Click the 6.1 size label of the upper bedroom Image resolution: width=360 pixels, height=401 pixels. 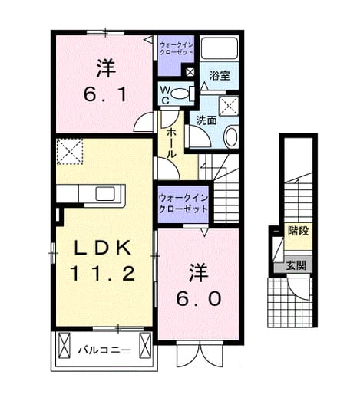(105, 95)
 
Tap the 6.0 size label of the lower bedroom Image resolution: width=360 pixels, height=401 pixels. (199, 299)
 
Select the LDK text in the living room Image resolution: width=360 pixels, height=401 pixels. (103, 248)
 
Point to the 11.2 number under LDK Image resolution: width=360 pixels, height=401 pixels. (102, 273)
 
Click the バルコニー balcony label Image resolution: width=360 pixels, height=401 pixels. (104, 350)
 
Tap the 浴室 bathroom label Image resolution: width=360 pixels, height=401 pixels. (220, 76)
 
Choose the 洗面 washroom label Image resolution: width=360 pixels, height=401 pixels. (206, 120)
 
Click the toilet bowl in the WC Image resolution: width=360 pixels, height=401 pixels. (179, 94)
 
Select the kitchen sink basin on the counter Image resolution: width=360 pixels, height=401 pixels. (105, 194)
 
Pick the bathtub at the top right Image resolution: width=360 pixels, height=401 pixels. (220, 48)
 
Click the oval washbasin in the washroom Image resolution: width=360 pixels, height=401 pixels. (231, 137)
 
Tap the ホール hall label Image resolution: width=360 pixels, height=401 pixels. (170, 143)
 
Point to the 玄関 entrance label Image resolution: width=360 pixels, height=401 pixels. (296, 265)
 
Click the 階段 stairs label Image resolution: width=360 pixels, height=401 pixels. (299, 231)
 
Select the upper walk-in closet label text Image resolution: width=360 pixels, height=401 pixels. (176, 48)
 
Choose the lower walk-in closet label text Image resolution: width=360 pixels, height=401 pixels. (183, 204)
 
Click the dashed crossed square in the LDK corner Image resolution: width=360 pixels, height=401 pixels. (69, 151)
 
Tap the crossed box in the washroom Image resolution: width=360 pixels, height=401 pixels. (229, 106)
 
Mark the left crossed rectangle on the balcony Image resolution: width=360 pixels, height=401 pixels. (64, 345)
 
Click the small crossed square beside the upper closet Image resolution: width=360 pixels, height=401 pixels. (190, 72)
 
